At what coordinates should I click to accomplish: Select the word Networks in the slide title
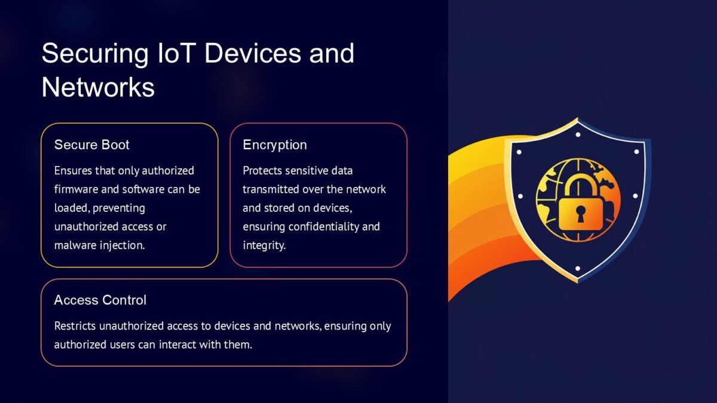[98, 87]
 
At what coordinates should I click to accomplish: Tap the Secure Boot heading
[91, 145]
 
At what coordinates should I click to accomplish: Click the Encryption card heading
[274, 145]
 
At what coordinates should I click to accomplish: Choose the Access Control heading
[100, 300]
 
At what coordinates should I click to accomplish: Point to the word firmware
[75, 189]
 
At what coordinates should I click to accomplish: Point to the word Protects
[262, 171]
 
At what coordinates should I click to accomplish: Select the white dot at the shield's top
[578, 134]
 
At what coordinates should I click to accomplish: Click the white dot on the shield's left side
[519, 196]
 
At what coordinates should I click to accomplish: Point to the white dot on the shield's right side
[636, 196]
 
